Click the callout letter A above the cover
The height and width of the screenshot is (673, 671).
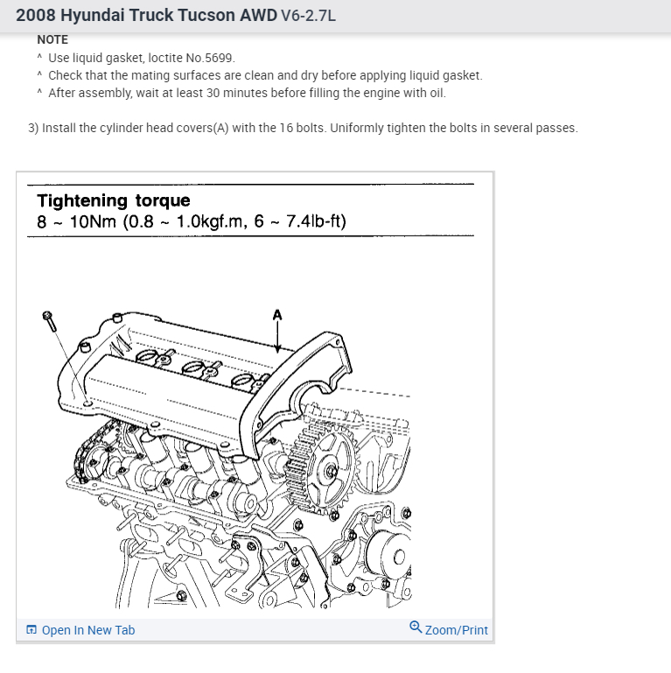[278, 312]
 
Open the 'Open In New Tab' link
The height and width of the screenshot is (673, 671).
[87, 630]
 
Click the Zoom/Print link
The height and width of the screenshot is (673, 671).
[457, 630]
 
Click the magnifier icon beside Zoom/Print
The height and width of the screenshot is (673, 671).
[416, 627]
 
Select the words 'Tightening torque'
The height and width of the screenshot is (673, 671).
[113, 201]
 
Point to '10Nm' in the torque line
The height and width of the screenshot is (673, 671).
[91, 221]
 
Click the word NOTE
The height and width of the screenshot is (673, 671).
[52, 39]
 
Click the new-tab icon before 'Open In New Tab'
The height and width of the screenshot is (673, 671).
[31, 630]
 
